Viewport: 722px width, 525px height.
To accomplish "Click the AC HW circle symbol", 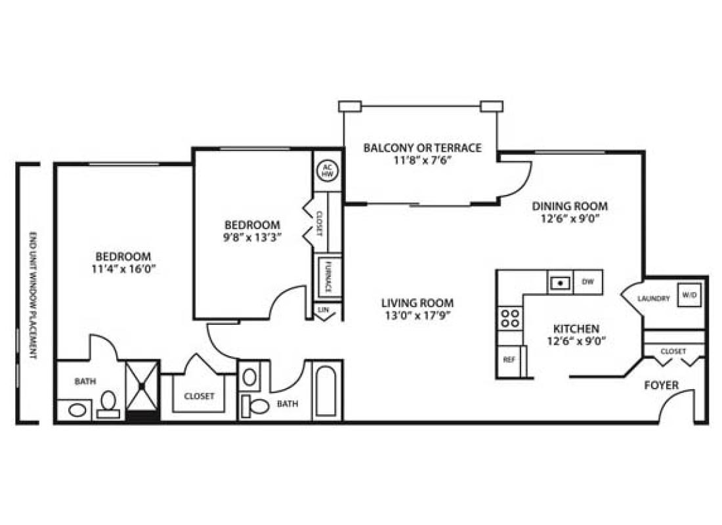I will (327, 171).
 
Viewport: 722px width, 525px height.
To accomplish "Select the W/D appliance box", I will (689, 295).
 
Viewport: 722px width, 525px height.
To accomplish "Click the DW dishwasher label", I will (587, 283).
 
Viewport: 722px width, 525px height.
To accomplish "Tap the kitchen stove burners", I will (510, 318).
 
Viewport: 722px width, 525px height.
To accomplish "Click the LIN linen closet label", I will (323, 309).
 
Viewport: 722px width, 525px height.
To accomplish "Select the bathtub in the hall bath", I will (327, 391).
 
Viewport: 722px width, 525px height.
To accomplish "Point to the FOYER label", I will (661, 385).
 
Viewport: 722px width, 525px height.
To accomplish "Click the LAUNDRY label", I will (654, 299).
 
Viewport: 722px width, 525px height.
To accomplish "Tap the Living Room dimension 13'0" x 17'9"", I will (417, 315).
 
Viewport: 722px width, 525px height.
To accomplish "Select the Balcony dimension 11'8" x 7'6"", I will (422, 159).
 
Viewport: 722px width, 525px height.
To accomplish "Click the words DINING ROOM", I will (569, 206).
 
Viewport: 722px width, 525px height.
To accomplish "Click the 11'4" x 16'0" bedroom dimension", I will (123, 268).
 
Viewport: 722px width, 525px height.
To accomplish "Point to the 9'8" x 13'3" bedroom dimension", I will (253, 237).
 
